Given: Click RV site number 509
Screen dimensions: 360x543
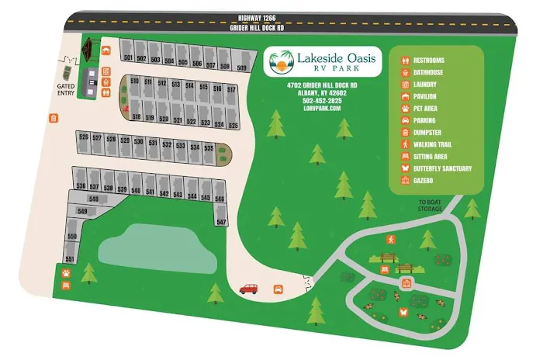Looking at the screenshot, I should (x=242, y=68).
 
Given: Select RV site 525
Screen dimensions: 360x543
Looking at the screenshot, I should (x=232, y=124).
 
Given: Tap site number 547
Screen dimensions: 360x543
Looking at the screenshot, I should (x=221, y=222).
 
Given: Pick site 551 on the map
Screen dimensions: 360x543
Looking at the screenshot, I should (x=69, y=258).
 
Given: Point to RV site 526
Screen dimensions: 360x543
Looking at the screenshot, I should (x=83, y=137).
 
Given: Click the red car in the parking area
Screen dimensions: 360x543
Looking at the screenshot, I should (x=248, y=289).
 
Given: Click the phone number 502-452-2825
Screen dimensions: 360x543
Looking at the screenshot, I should (x=323, y=100).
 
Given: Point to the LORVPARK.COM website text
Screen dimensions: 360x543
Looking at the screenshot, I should (x=323, y=108).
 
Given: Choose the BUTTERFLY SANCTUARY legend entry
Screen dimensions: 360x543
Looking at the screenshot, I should (x=442, y=168).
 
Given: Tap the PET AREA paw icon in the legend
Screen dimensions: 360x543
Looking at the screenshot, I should (x=405, y=109).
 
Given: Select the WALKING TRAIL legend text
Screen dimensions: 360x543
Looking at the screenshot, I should (x=435, y=144).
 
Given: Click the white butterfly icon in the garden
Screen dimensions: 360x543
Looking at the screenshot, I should (x=403, y=311).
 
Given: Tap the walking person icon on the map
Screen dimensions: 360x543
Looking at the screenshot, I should (x=391, y=239).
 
